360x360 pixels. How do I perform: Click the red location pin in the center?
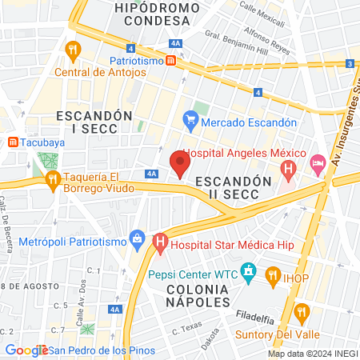click(x=180, y=164)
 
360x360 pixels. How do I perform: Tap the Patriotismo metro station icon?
click(x=171, y=60)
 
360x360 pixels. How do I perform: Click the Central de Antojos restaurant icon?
click(x=73, y=51)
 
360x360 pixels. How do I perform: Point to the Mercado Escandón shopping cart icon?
click(x=190, y=122)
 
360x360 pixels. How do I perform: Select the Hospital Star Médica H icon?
click(x=160, y=241)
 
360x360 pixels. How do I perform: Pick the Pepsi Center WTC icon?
click(x=249, y=272)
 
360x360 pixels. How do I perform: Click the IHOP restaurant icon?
click(x=272, y=278)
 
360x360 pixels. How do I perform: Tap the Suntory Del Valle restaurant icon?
click(x=302, y=310)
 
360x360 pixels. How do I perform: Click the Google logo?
click(x=26, y=350)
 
